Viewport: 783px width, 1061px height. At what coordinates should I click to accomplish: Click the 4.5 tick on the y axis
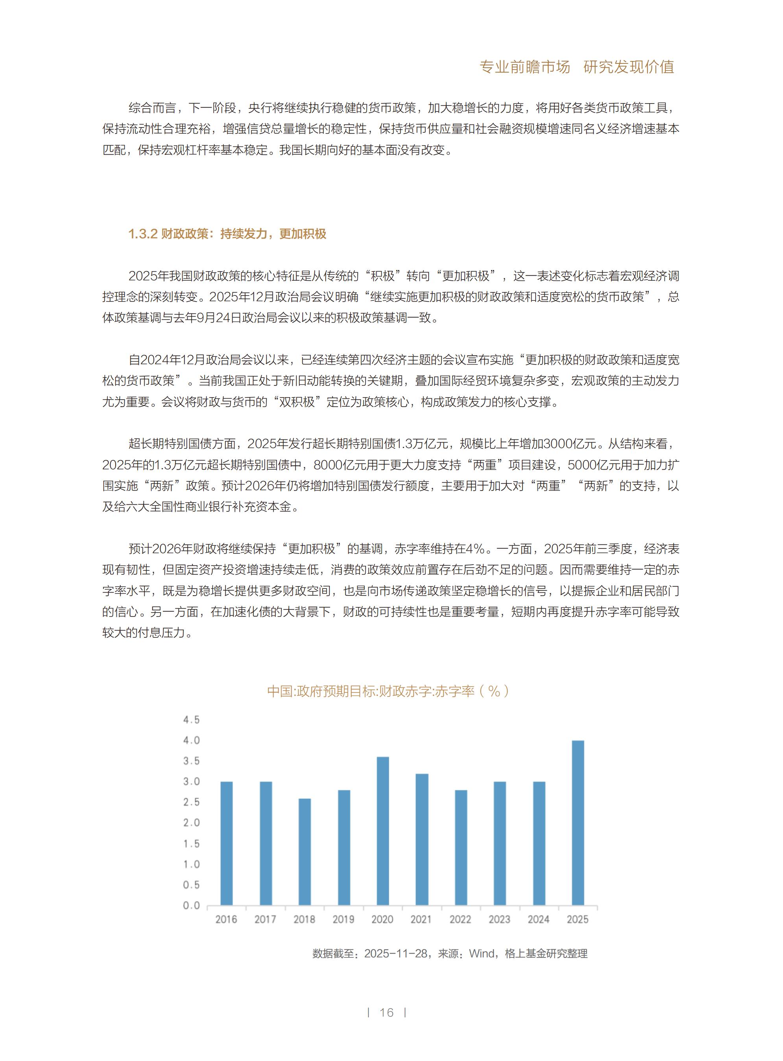[x=192, y=720]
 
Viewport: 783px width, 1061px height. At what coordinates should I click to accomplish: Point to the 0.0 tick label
[x=192, y=905]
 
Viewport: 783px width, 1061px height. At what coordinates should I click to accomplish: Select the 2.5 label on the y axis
[x=192, y=802]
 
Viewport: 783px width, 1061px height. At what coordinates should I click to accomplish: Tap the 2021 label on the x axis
[x=421, y=919]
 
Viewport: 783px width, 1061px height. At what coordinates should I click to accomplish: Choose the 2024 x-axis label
[x=538, y=919]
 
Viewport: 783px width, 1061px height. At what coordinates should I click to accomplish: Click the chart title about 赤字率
[x=388, y=691]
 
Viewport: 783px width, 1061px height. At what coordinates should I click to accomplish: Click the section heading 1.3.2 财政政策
[x=227, y=234]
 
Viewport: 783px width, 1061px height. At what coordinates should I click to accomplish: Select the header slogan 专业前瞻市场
[x=524, y=67]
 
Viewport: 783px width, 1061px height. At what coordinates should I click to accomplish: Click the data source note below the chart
[x=450, y=954]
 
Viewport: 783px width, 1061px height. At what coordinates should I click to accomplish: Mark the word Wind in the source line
[x=482, y=954]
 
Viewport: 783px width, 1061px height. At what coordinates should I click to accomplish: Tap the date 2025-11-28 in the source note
[x=396, y=954]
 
